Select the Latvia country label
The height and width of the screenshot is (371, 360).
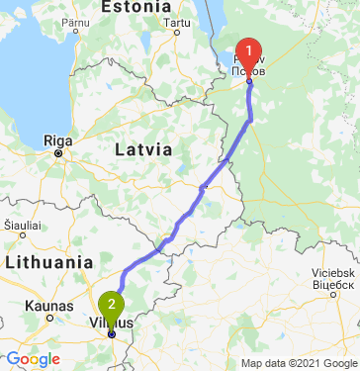[143, 149]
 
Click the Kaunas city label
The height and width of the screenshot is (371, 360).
[47, 306]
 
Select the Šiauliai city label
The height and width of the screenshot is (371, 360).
[21, 227]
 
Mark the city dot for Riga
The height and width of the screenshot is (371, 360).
[58, 153]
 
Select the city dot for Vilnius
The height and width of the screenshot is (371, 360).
[112, 333]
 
